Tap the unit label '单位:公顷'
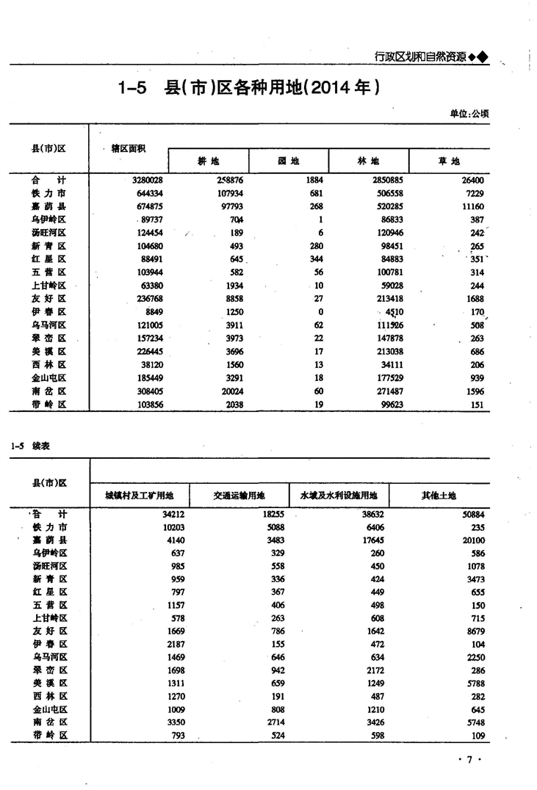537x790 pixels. pyautogui.click(x=469, y=114)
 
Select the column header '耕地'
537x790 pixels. pyautogui.click(x=209, y=161)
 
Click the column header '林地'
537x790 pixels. pyautogui.click(x=369, y=161)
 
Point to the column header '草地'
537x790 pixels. pyautogui.click(x=449, y=161)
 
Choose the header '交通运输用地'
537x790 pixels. pyautogui.click(x=238, y=496)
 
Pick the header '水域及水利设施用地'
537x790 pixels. pyautogui.click(x=339, y=496)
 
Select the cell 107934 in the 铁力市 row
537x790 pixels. pyautogui.click(x=228, y=193)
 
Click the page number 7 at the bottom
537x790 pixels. pyautogui.click(x=469, y=760)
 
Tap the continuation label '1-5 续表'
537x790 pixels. pyautogui.click(x=30, y=446)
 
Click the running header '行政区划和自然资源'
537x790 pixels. pyautogui.click(x=420, y=56)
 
